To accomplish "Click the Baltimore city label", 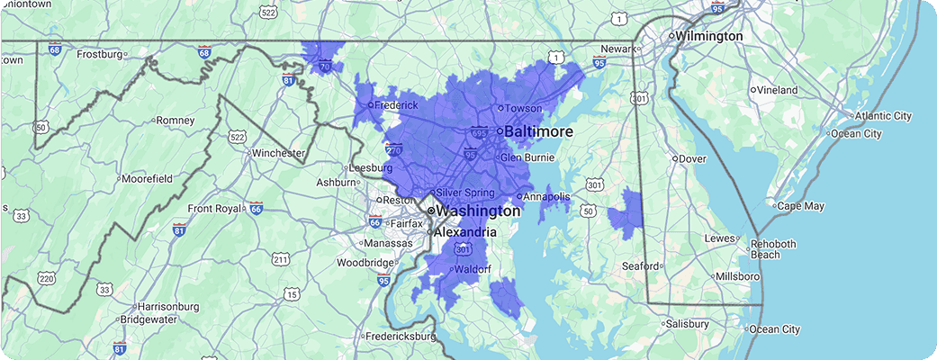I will (x=538, y=131).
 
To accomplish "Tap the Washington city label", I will (x=479, y=211).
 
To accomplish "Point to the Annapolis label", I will (x=546, y=196).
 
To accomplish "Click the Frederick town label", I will (x=396, y=105).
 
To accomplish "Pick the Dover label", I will (x=691, y=158).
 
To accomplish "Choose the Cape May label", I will (x=799, y=206).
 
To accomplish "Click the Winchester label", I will (x=277, y=153).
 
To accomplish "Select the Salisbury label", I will (x=691, y=323).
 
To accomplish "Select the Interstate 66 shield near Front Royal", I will (x=257, y=208).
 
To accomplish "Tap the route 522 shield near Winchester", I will (x=237, y=137).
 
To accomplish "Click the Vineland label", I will (x=777, y=90).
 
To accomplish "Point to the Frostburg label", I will (x=99, y=54).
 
